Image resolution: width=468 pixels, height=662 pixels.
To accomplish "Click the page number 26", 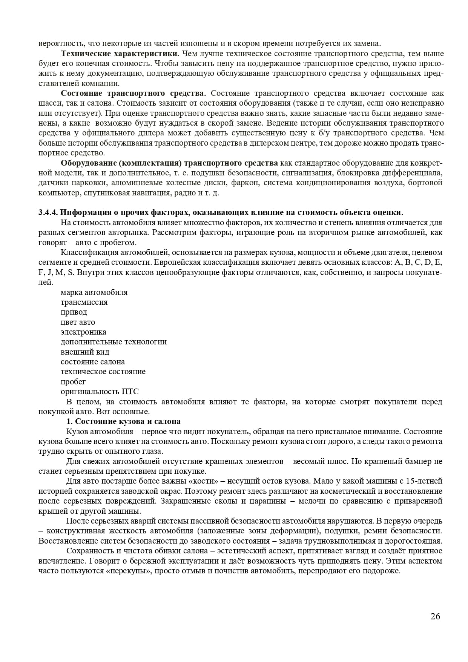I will coord(435,616).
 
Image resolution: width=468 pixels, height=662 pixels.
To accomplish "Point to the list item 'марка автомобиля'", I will coord(94,292).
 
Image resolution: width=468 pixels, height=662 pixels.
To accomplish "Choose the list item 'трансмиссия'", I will coord(84,302).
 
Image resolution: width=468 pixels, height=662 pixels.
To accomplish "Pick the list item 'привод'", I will coord(74,312).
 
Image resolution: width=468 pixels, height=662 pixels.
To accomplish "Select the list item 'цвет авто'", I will coord(78,322).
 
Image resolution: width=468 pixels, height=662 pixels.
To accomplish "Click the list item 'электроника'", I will coord(83,332).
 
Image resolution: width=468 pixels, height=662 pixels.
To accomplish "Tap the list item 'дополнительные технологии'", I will coord(114,342).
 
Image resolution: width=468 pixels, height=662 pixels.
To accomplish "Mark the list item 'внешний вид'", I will coord(85,352).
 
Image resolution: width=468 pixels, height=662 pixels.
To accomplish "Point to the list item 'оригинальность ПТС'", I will coord(100,392).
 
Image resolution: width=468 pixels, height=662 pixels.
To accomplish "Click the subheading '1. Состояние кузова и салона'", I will coord(123,421).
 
